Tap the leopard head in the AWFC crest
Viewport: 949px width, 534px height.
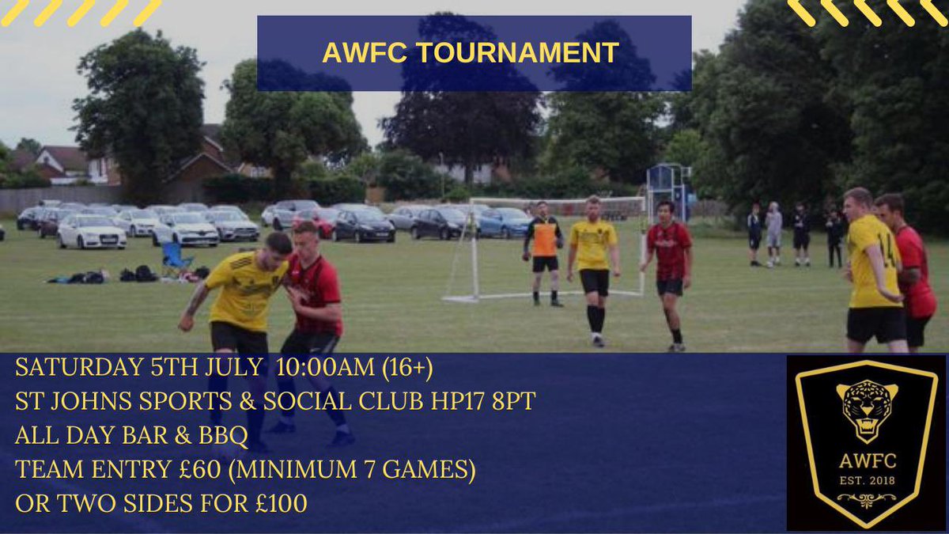867,407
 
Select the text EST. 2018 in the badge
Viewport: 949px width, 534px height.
867,479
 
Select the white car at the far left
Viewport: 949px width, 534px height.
92,232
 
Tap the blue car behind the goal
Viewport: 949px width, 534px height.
503,223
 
